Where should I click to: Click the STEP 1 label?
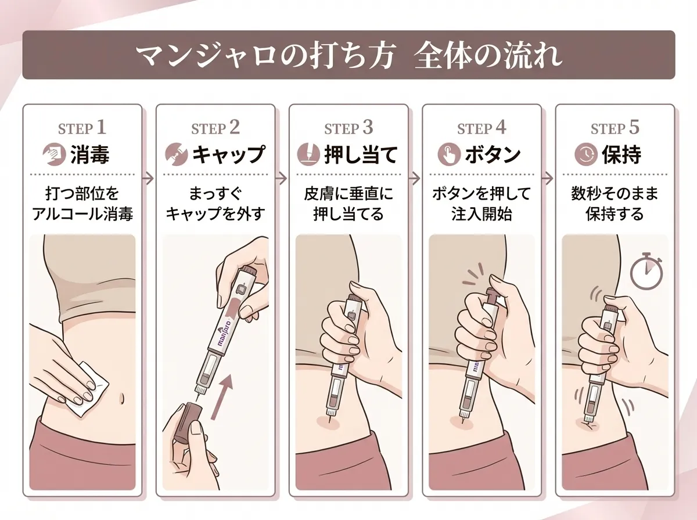(82, 128)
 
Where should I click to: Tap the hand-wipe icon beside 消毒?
(55, 155)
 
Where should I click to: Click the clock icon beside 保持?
(583, 155)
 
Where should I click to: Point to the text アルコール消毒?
(82, 214)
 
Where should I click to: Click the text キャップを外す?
(215, 214)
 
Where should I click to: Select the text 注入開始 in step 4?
(482, 214)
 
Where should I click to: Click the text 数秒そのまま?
(615, 194)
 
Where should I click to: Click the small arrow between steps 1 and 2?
(149, 178)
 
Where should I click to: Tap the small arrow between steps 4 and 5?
(548, 178)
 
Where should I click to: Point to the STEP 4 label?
(482, 128)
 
